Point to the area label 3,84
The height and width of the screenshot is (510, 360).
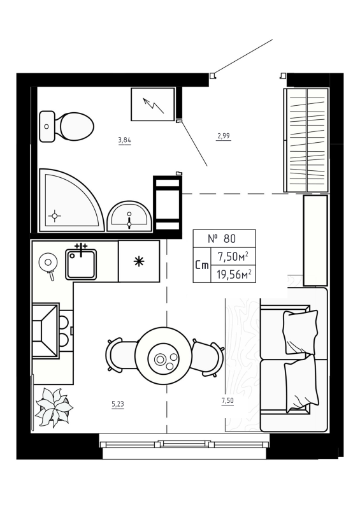pos(124,140)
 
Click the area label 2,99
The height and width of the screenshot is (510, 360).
pos(223,135)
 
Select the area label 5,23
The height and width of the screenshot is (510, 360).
pos(118,403)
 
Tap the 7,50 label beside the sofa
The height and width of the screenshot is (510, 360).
pos(227,400)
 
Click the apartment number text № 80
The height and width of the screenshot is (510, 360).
pos(223,239)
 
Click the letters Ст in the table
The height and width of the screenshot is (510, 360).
pos(202,266)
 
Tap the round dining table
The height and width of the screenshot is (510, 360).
pos(164,358)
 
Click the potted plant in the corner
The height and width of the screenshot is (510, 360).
pos(53,407)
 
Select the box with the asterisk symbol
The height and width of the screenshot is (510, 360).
pos(138,261)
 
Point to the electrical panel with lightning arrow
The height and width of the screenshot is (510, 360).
pos(152,104)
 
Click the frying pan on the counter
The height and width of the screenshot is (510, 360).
pos(47,263)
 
